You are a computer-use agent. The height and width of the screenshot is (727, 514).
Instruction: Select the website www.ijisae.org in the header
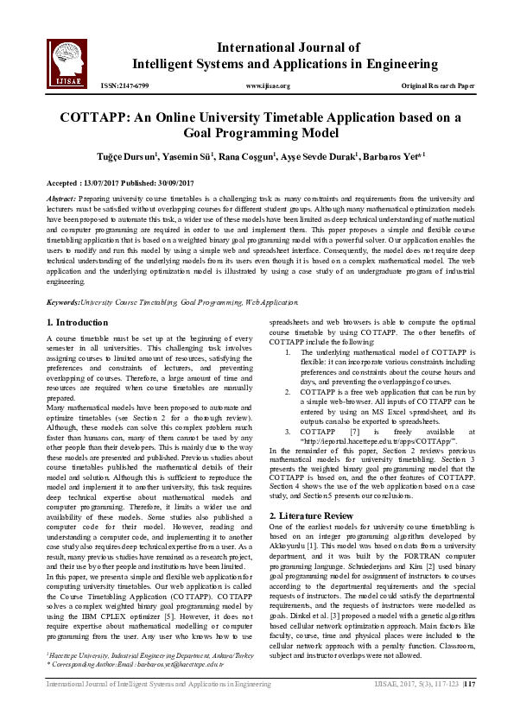click(x=268, y=86)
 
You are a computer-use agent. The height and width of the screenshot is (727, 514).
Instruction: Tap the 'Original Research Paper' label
click(x=438, y=86)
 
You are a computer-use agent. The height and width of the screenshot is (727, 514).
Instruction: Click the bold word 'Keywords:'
click(x=63, y=302)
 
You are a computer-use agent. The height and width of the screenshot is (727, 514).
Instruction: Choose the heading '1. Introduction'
click(x=77, y=321)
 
